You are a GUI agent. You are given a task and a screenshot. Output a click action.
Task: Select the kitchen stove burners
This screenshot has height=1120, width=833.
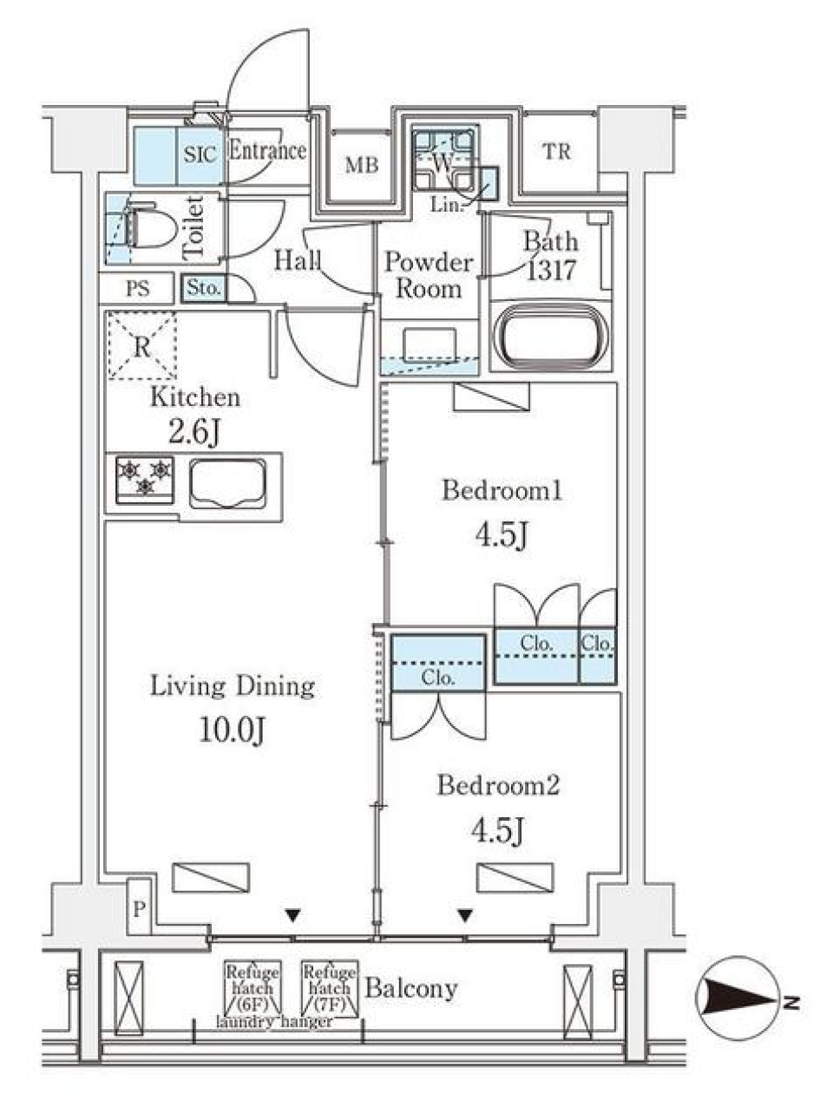pos(145,479)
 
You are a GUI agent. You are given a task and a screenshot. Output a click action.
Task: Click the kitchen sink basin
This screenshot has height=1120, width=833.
pos(228,482)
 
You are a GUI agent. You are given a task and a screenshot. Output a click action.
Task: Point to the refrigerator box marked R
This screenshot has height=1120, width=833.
pos(141,346)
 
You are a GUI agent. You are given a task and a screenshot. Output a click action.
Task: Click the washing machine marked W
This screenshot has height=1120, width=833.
pos(443,161)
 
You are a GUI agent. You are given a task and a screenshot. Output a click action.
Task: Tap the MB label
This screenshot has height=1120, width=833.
pos(362,164)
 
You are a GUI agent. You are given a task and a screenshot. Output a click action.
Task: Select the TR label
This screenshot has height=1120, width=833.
pos(557,152)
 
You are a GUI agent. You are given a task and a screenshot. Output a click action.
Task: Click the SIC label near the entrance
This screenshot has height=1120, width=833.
pos(200,155)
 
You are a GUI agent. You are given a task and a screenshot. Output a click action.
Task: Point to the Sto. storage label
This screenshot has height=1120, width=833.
pos(204,288)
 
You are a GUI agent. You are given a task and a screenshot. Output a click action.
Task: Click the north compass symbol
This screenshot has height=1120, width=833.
pos(738,1000)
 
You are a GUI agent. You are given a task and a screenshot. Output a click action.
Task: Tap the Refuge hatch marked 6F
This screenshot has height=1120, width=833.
pos(252,988)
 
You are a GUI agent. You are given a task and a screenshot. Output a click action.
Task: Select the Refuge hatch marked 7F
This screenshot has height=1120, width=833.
pos(330,988)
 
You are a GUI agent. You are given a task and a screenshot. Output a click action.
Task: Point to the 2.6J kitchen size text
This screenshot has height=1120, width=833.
pos(193,431)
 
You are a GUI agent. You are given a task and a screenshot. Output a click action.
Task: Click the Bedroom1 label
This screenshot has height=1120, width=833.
pos(502,491)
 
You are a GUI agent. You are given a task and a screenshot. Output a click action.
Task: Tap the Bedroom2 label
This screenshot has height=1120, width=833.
pos(498,786)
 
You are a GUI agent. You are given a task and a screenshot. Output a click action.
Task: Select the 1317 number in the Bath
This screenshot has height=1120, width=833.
pos(551,271)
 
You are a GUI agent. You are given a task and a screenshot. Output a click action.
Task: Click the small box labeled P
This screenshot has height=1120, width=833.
pos(139,909)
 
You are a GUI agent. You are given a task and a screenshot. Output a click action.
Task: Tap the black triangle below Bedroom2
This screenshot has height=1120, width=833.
pos(466,914)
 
